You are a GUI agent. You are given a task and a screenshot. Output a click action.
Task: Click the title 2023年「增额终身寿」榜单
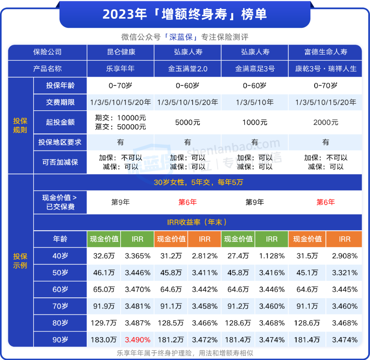[185, 14]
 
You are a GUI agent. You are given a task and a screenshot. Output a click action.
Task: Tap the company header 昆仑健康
[121, 52]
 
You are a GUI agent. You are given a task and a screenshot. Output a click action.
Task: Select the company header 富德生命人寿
[325, 52]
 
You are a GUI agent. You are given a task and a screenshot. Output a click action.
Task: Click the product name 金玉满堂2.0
[188, 69]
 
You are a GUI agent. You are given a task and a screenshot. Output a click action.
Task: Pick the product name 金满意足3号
[255, 69]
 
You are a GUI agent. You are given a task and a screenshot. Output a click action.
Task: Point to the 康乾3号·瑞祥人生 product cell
[325, 69]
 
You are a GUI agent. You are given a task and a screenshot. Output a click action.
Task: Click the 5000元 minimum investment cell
[187, 122]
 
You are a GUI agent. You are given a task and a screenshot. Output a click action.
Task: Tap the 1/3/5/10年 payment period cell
[255, 102]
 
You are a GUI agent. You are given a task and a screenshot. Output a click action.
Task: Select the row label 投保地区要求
[60, 142]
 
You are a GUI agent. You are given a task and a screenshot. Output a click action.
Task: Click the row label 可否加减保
[60, 162]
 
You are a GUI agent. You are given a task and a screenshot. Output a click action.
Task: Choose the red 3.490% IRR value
[137, 340]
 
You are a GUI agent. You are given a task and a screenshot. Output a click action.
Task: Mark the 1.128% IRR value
[272, 256]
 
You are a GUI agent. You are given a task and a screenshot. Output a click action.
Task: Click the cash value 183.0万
[104, 340]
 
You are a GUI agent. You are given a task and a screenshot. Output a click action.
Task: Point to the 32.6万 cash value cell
[104, 256]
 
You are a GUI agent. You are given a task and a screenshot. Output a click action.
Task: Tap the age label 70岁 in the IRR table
[60, 306]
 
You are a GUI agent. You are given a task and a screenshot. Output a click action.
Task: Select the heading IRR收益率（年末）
[197, 222]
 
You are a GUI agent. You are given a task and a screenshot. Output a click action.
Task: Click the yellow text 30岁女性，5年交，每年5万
[198, 182]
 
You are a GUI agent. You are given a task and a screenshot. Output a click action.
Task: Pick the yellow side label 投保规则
[20, 125]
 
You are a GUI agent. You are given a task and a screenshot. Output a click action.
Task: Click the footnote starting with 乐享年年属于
[185, 353]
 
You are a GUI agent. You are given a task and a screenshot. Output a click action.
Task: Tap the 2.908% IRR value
[344, 256]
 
